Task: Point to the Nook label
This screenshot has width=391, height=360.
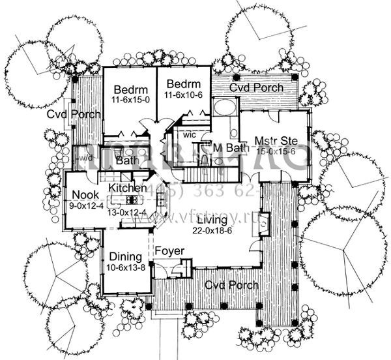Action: [85, 194]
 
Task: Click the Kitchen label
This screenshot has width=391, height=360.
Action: [127, 188]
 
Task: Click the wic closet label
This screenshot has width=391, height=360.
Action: [190, 134]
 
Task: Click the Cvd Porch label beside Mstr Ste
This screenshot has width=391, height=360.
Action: [260, 87]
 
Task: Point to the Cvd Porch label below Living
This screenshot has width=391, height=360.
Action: [231, 285]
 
